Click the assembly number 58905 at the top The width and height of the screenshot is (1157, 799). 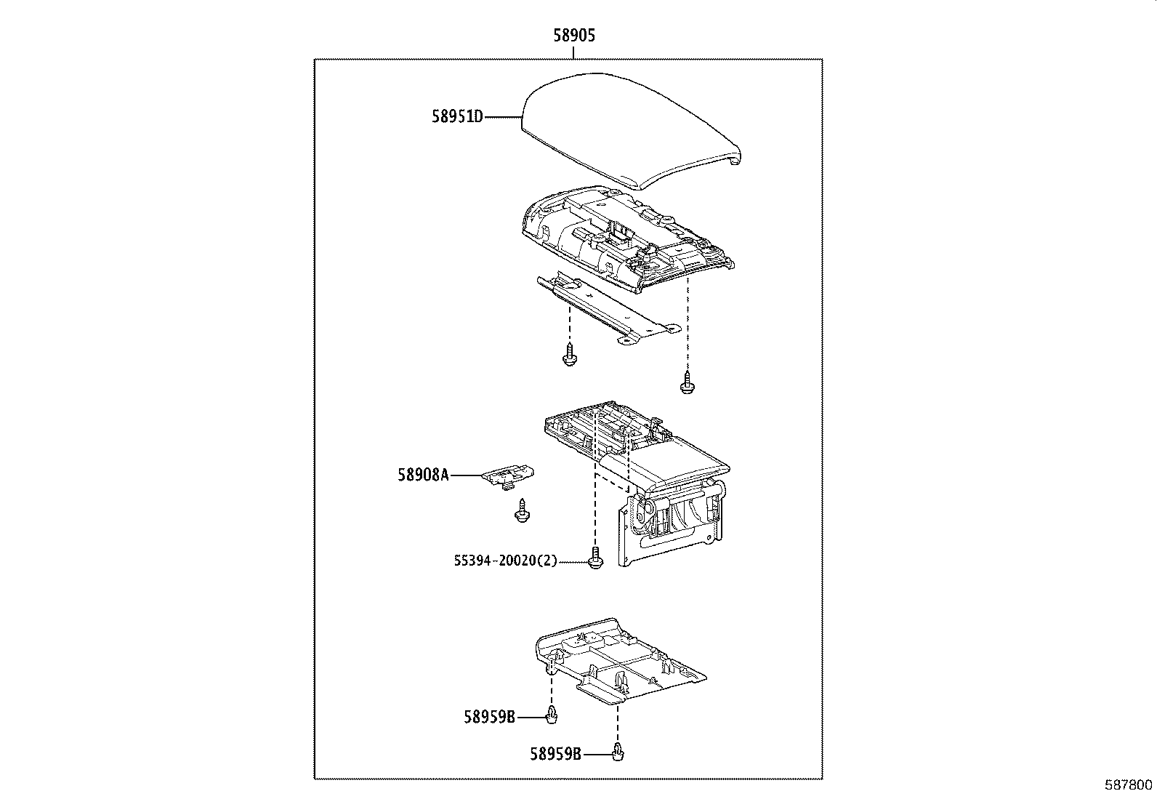point(573,36)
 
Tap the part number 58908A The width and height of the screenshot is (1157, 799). point(423,475)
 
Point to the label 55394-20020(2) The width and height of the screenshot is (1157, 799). point(505,561)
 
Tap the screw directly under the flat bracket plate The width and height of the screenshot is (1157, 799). point(570,356)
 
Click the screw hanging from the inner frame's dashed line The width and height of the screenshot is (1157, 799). point(686,382)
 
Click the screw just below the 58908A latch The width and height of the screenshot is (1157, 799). point(520,512)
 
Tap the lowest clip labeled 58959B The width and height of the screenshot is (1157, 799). point(618,752)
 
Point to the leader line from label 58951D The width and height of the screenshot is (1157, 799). point(503,116)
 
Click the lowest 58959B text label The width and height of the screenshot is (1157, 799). point(555,755)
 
